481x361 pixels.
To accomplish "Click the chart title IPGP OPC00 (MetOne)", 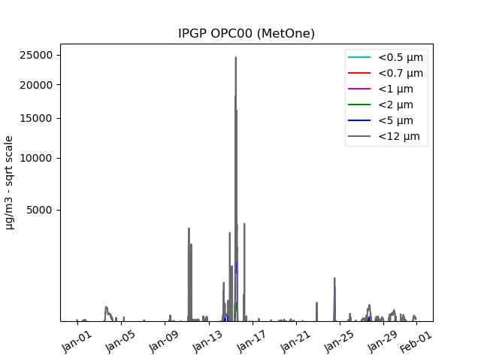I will pos(246,34).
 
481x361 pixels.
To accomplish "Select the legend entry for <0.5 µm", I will pos(400,57).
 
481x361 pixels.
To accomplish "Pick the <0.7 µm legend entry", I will pos(400,73).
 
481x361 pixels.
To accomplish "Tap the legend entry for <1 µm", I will pos(395,89).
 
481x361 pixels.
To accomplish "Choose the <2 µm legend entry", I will pos(395,105).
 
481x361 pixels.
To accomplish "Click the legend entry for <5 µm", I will pos(395,120).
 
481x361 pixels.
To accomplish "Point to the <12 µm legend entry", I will pos(398,136).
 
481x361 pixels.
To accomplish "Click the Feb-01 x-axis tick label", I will pos(415,336).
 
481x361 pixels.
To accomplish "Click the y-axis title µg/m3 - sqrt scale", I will pos(10,182).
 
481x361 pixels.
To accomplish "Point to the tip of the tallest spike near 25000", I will pos(235,57).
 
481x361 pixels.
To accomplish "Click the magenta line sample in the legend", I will pos(358,89).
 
